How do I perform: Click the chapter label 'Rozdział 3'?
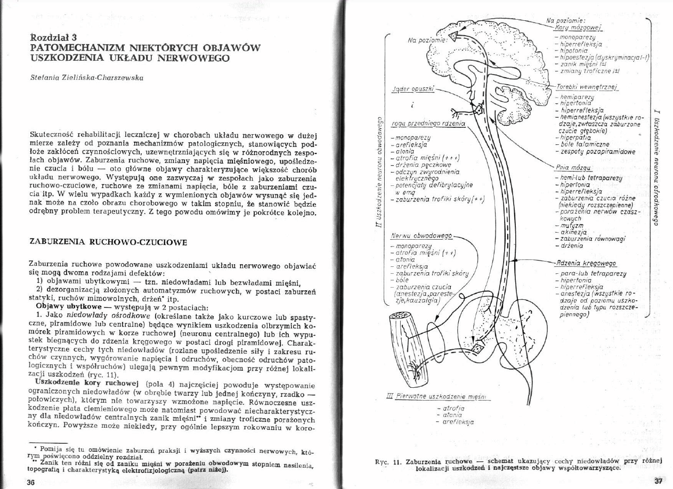54,37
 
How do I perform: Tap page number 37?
658,481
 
